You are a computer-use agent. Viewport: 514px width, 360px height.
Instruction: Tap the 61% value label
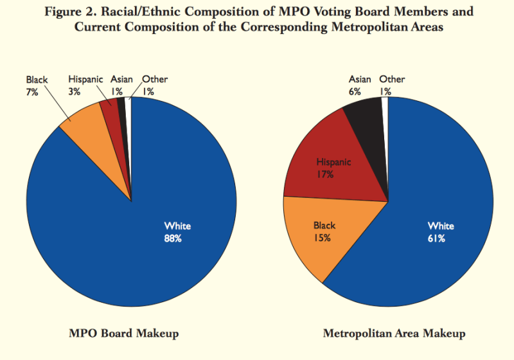point(441,239)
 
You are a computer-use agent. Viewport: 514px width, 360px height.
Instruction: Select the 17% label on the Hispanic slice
point(325,174)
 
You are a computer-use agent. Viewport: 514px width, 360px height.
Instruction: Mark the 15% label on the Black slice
point(323,238)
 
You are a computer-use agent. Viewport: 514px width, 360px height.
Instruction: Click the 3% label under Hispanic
point(75,92)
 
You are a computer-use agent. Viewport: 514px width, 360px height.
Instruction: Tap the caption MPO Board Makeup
point(124,334)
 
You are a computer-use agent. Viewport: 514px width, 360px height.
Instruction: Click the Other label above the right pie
point(392,80)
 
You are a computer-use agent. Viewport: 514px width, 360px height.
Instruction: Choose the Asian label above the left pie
point(121,80)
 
